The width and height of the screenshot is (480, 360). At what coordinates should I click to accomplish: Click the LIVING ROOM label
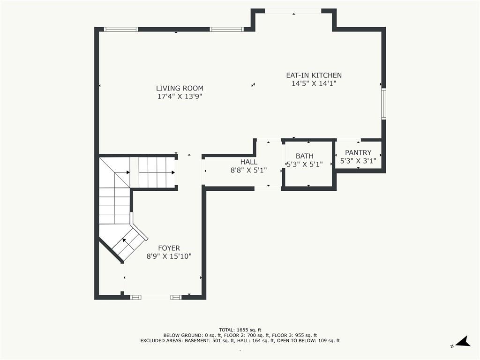coord(180,88)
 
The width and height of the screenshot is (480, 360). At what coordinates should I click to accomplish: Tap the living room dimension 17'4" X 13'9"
coord(180,97)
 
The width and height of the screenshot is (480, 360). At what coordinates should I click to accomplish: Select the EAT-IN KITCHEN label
coord(314,75)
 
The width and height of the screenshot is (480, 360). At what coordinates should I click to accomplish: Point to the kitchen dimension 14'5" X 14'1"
coord(314,83)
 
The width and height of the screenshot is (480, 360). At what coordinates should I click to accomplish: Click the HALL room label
coord(248,162)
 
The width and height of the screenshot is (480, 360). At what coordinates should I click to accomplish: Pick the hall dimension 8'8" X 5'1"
coord(248,170)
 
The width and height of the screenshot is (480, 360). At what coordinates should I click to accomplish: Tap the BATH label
coord(304,156)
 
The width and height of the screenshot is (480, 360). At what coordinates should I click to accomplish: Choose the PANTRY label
coord(358,152)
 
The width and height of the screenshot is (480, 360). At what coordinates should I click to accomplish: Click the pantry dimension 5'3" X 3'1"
coord(358,161)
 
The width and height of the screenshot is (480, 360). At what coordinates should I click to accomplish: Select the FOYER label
coord(169,248)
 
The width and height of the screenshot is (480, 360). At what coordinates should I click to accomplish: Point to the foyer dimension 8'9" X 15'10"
coord(169,256)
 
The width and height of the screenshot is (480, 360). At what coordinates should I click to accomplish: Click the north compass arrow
coord(464,341)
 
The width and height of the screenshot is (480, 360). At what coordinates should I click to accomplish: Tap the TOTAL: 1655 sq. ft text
coord(240,330)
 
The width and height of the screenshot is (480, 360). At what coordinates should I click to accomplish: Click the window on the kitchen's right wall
coord(383,104)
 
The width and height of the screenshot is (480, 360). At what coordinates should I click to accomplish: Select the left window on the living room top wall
coord(121,30)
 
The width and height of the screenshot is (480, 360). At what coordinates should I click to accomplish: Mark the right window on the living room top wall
coord(227,30)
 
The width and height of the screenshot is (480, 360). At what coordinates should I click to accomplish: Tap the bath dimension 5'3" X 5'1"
coord(304,165)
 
